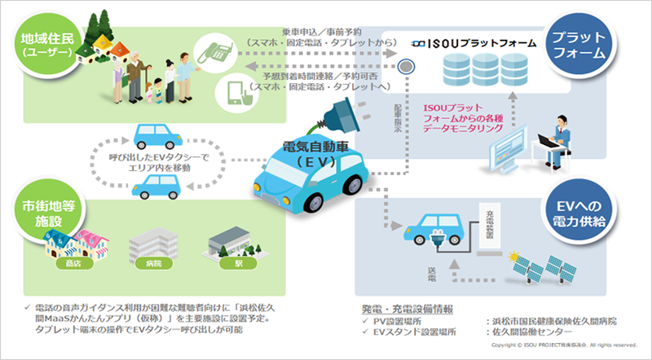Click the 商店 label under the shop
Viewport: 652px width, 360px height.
[x=63, y=264]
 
